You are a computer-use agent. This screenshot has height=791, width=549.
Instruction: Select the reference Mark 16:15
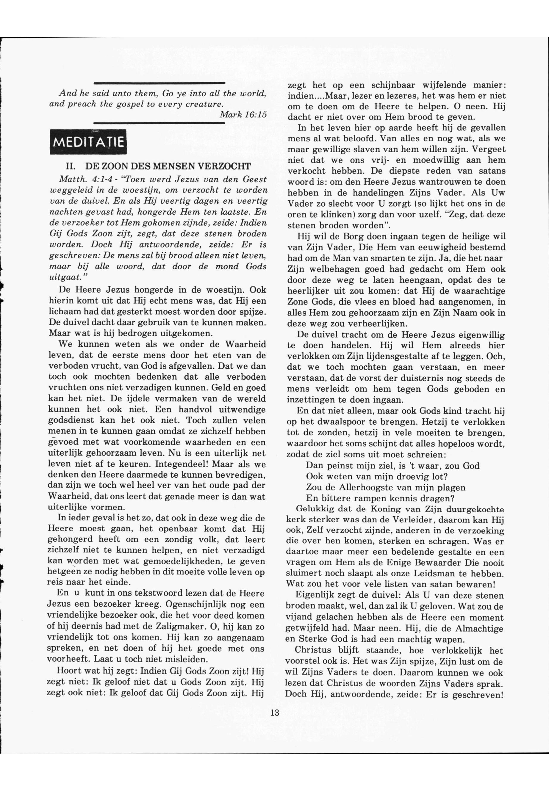243,114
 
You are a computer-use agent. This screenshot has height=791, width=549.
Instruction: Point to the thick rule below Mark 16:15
159,123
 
